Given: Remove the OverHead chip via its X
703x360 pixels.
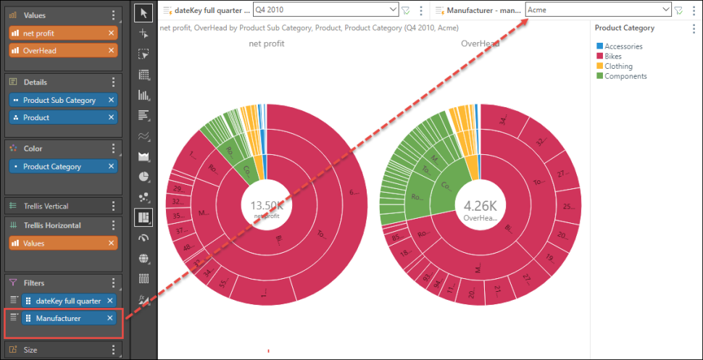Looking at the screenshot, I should (111, 51).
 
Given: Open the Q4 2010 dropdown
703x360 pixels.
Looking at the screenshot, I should (325, 9).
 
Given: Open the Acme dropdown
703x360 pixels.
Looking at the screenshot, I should (598, 9).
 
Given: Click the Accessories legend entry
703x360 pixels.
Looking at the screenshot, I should (623, 46).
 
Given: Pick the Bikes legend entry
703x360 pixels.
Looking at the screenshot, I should (615, 56).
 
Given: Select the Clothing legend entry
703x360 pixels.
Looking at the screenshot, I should (619, 66).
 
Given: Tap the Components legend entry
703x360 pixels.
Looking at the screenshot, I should (625, 76).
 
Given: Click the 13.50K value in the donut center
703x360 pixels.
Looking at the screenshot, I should (266, 205).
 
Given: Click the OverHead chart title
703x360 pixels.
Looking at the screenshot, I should (480, 43).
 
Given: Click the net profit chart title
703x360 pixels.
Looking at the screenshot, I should (266, 43).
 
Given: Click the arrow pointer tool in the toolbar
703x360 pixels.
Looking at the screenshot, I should (143, 12).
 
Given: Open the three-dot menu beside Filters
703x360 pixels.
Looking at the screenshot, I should (113, 283).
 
